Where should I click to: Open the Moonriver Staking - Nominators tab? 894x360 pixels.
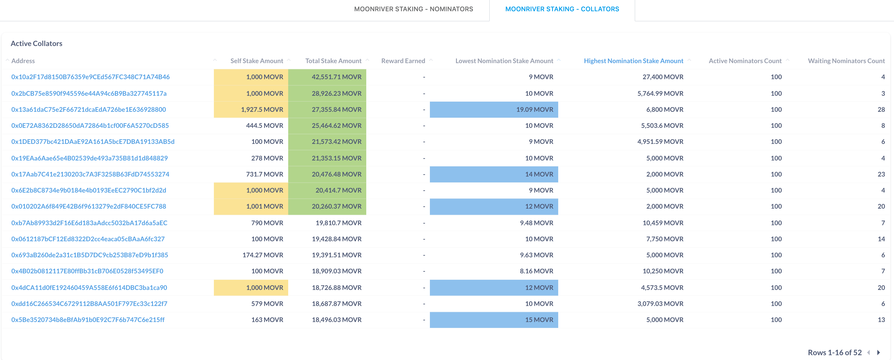click(413, 9)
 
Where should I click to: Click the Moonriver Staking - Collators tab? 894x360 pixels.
click(562, 9)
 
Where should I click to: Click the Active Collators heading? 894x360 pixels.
click(36, 43)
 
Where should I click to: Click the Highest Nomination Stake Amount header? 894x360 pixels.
click(633, 61)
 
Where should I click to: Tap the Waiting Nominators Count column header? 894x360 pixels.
click(846, 61)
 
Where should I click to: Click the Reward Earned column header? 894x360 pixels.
click(403, 61)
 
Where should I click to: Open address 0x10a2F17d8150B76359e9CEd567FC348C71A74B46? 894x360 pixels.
click(90, 77)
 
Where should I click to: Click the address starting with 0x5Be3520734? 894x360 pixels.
click(88, 320)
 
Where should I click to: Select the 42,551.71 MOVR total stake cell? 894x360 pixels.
click(336, 77)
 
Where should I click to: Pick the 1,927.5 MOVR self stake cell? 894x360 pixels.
click(262, 109)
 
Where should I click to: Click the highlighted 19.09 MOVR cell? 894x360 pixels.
click(534, 109)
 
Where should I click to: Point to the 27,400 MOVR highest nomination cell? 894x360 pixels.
click(662, 77)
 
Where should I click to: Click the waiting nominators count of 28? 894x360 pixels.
click(881, 109)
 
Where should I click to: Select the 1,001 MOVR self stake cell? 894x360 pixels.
click(264, 206)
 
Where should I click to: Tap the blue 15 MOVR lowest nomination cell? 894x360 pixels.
click(539, 320)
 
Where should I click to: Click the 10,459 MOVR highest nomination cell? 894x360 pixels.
click(662, 223)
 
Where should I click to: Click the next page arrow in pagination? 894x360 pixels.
click(878, 352)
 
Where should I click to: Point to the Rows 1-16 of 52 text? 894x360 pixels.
click(834, 352)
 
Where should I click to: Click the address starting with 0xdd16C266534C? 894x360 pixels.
click(89, 304)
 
